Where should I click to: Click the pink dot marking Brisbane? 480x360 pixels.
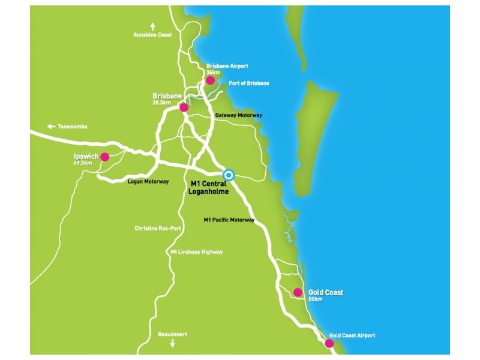tap(184, 107)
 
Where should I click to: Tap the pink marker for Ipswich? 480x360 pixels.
tap(105, 157)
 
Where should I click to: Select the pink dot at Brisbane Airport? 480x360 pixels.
tap(210, 80)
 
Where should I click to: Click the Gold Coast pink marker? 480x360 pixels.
tap(298, 293)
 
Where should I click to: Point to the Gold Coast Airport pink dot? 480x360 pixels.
tap(329, 343)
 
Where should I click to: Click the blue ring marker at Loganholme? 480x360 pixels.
tap(228, 175)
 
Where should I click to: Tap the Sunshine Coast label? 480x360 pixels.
tap(152, 35)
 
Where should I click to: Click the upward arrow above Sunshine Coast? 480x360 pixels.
tap(152, 26)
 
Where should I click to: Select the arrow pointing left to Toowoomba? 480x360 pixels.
tap(50, 127)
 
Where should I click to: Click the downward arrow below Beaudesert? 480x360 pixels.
tap(173, 343)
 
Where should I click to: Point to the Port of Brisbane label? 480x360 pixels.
tap(249, 83)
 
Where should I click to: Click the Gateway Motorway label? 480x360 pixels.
tap(238, 115)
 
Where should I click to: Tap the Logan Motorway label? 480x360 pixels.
tap(148, 181)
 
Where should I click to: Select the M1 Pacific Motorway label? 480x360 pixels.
tap(229, 220)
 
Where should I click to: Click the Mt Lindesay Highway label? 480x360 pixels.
tap(197, 252)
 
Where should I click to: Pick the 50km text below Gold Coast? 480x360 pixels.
tap(316, 299)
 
